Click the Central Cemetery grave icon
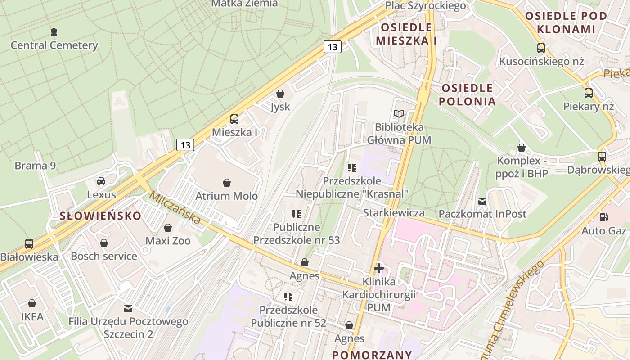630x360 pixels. (54, 32)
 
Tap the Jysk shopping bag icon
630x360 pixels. (280, 94)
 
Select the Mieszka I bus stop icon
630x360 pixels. (234, 119)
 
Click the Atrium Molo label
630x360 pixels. (226, 196)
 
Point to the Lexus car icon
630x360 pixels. (101, 181)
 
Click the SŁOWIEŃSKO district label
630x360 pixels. (101, 216)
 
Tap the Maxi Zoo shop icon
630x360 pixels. (168, 228)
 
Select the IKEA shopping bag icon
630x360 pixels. (32, 303)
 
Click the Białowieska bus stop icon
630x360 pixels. (29, 244)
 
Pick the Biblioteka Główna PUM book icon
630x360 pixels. (399, 114)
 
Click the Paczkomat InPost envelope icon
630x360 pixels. (482, 201)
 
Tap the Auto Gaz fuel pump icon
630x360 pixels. (603, 217)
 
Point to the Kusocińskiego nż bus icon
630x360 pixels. (541, 48)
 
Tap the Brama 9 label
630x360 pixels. (35, 166)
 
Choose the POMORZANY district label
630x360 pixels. (372, 354)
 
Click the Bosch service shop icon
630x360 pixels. (104, 243)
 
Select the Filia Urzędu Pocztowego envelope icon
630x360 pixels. (128, 309)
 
